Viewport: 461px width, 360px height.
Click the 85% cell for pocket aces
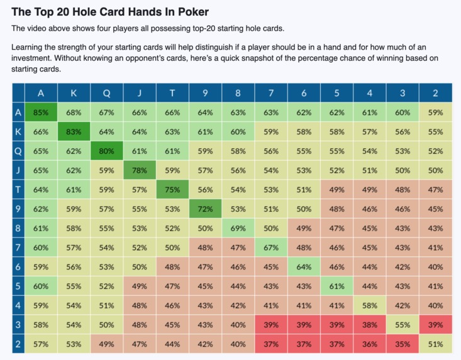pyautogui.click(x=41, y=113)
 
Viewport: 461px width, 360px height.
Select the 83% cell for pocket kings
pyautogui.click(x=74, y=133)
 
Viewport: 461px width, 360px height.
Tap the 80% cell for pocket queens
pyautogui.click(x=107, y=152)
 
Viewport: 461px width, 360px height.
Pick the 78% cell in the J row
pyautogui.click(x=140, y=171)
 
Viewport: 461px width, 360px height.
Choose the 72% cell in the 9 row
pyautogui.click(x=206, y=209)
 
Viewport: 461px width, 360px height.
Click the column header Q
pyautogui.click(x=107, y=93)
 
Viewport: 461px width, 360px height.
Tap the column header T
pyautogui.click(x=172, y=93)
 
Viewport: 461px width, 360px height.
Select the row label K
pyautogui.click(x=18, y=133)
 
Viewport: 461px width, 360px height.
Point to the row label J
pyautogui.click(x=18, y=171)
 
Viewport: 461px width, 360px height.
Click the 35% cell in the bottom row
pyautogui.click(x=403, y=344)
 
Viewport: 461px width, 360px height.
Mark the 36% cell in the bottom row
pyautogui.click(x=370, y=344)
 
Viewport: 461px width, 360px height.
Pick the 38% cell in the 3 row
pyautogui.click(x=370, y=325)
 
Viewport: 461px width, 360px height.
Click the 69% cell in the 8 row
pyautogui.click(x=238, y=229)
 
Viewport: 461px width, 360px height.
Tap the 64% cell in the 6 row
pyautogui.click(x=304, y=267)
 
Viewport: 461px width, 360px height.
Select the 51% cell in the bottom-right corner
pyautogui.click(x=435, y=344)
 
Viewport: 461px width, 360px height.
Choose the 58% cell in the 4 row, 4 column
pyautogui.click(x=370, y=305)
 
